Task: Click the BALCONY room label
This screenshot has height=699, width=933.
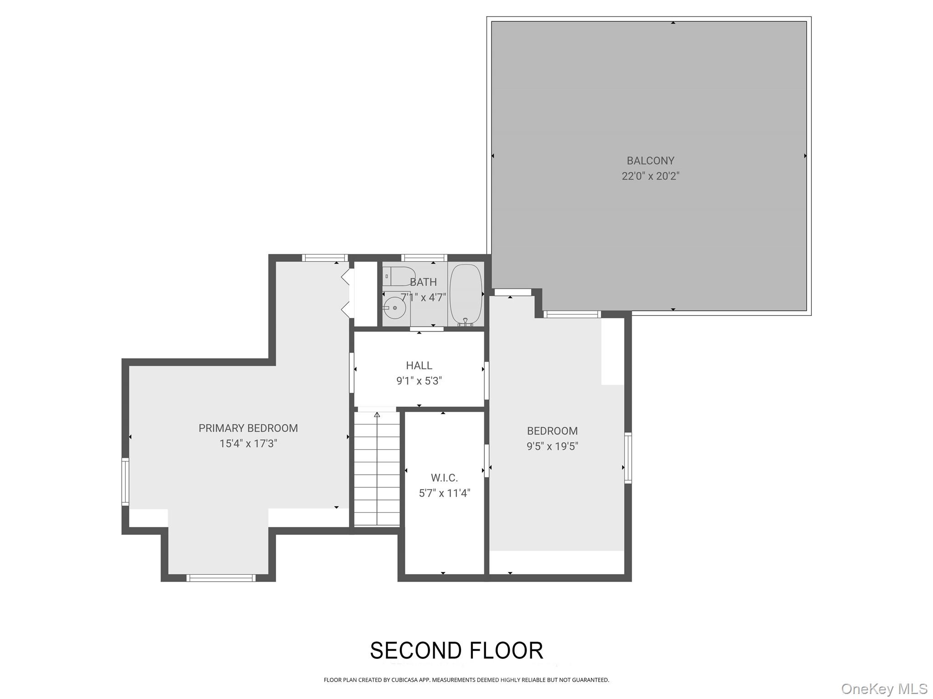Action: (x=650, y=161)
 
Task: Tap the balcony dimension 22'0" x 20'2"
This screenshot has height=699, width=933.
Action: (x=650, y=176)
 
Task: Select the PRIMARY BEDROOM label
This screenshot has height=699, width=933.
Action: (x=248, y=428)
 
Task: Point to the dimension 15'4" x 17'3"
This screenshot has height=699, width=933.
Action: (x=248, y=444)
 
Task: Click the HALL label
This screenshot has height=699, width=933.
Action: (x=419, y=365)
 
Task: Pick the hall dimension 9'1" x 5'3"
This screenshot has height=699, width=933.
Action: (x=419, y=381)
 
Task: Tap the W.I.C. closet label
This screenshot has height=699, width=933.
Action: (x=444, y=478)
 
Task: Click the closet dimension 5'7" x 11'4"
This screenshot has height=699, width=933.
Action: (x=444, y=493)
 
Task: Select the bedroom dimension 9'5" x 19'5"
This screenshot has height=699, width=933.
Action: (x=552, y=446)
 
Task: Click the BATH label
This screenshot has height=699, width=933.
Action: (x=423, y=282)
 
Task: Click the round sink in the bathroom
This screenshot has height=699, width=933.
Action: (x=395, y=308)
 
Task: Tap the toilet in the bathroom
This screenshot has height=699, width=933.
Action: (x=399, y=276)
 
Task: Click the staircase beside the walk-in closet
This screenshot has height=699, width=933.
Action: (x=377, y=469)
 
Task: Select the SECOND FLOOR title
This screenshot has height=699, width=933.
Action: (x=456, y=651)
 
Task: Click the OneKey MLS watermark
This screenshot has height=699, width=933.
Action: (x=884, y=689)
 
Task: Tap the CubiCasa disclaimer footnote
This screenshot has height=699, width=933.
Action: (x=466, y=680)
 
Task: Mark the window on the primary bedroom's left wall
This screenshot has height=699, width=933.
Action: (x=125, y=482)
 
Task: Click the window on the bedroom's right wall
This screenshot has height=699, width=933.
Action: (x=628, y=458)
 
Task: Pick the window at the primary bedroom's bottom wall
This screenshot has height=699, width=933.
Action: (x=220, y=578)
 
